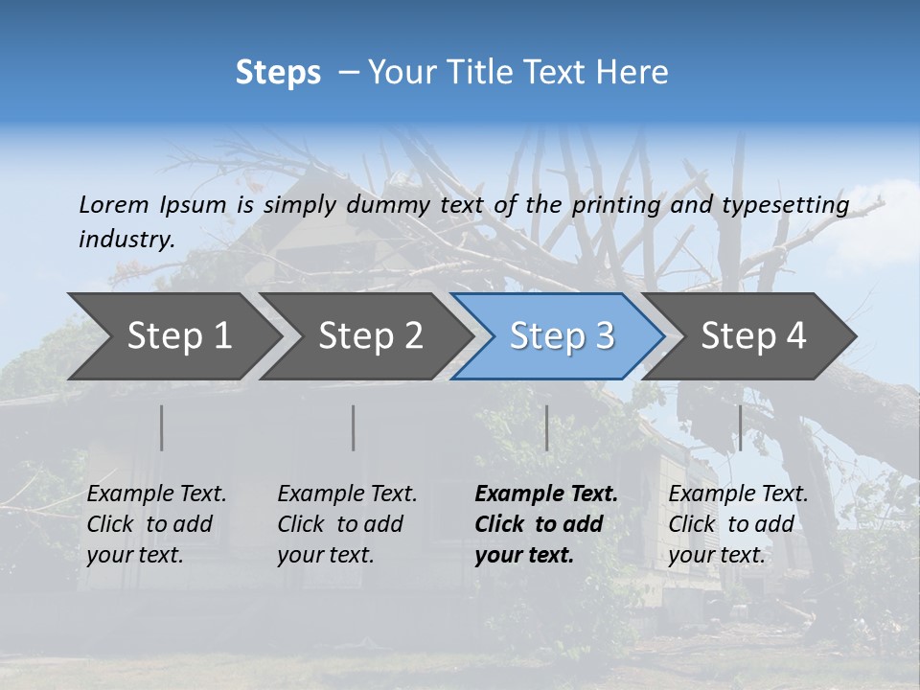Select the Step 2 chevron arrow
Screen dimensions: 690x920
pyautogui.click(x=370, y=336)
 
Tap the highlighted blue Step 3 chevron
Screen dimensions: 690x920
pyautogui.click(x=562, y=336)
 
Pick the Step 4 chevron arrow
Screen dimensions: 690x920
pyautogui.click(x=753, y=336)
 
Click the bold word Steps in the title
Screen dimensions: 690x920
pyautogui.click(x=278, y=73)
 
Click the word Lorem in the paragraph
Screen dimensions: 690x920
pyautogui.click(x=113, y=204)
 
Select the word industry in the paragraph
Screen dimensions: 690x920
pyautogui.click(x=126, y=239)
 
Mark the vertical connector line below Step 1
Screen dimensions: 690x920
pyautogui.click(x=162, y=427)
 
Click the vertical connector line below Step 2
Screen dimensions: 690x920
pyautogui.click(x=354, y=427)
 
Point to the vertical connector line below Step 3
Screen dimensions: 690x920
pyautogui.click(x=546, y=427)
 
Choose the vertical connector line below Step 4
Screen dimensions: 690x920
pyautogui.click(x=740, y=427)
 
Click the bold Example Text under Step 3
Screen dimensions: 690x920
pyautogui.click(x=546, y=494)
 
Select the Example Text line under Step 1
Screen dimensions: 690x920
pyautogui.click(x=156, y=494)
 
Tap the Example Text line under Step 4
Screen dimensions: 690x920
pyautogui.click(x=738, y=494)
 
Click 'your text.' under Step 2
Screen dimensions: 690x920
pyautogui.click(x=326, y=555)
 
